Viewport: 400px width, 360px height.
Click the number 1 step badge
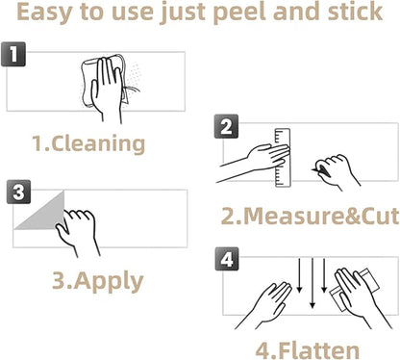[x=13, y=54]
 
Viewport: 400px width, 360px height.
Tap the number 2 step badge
[x=226, y=126]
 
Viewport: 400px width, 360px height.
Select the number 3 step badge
[x=18, y=192]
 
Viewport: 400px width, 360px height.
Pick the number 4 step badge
[x=227, y=259]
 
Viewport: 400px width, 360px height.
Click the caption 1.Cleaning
[x=88, y=143]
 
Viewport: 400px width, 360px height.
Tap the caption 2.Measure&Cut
[x=310, y=216]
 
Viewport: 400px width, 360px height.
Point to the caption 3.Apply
[x=98, y=281]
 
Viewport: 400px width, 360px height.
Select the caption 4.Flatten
[x=308, y=350]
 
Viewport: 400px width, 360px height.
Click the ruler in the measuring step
[x=283, y=158]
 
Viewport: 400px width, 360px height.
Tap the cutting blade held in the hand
[x=321, y=170]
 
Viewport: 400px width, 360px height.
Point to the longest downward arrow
[x=312, y=282]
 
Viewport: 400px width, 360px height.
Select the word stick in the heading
[x=355, y=11]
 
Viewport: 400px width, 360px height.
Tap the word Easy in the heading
[x=45, y=13]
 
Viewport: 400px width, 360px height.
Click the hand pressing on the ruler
[x=257, y=161]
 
